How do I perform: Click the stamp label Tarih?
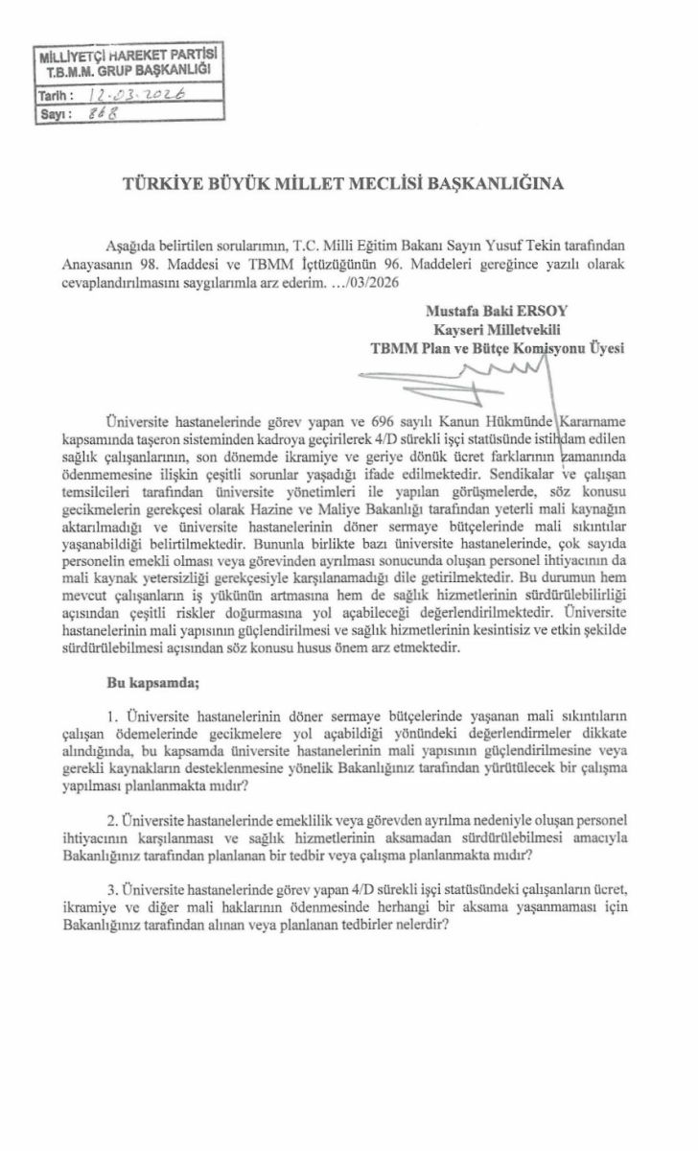point(52,97)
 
